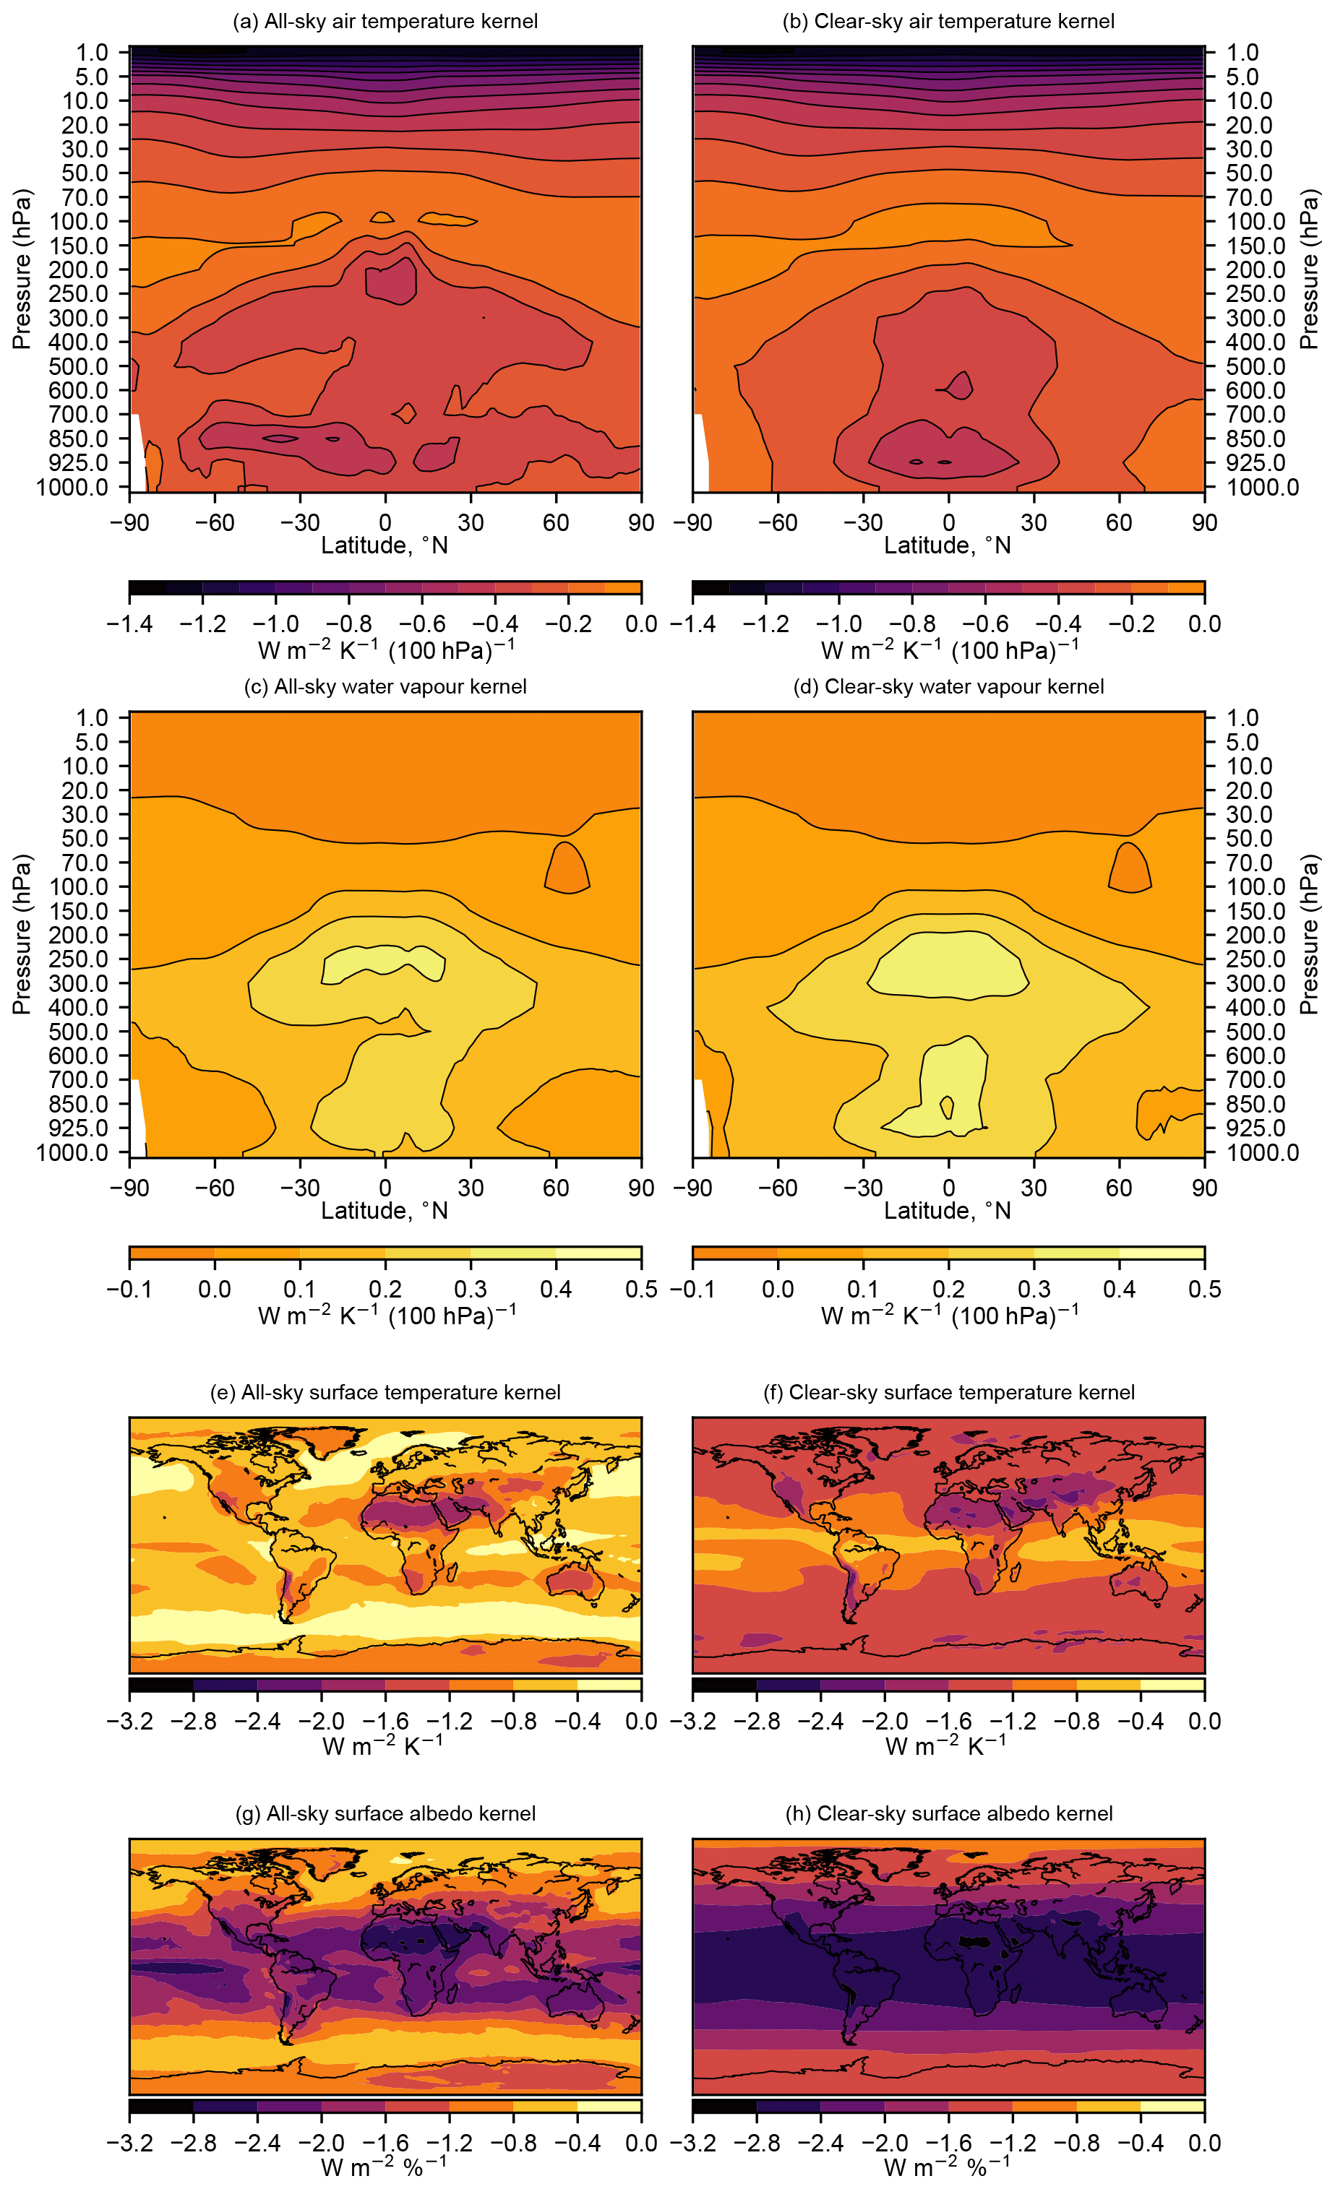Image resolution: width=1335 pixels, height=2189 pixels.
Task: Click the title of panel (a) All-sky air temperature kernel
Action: tap(385, 22)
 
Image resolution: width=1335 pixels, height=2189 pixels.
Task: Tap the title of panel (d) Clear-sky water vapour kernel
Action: tap(948, 687)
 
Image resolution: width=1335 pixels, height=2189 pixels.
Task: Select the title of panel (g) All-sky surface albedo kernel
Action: tap(385, 1813)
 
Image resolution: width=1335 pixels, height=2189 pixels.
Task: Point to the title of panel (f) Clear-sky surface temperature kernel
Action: tap(948, 1392)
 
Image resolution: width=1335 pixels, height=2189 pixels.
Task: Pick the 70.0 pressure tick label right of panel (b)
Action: tap(1250, 197)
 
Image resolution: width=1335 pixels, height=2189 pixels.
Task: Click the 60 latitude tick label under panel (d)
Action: tap(1119, 1188)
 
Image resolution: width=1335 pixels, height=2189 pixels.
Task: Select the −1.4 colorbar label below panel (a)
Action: tap(130, 623)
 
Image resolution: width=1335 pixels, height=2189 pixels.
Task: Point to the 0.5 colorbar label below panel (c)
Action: tap(641, 1289)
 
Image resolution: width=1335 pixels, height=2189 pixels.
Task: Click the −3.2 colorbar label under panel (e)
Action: tap(130, 1721)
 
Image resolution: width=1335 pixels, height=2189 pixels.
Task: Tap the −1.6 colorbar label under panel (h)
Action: tap(948, 2143)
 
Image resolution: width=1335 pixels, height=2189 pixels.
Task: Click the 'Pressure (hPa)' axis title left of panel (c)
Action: tap(22, 935)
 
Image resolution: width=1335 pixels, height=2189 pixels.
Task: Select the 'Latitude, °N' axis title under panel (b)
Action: tap(948, 545)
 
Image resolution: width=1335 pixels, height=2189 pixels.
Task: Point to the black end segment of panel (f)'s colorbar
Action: tap(724, 1685)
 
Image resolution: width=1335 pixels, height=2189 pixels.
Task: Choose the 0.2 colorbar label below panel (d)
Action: tap(948, 1289)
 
